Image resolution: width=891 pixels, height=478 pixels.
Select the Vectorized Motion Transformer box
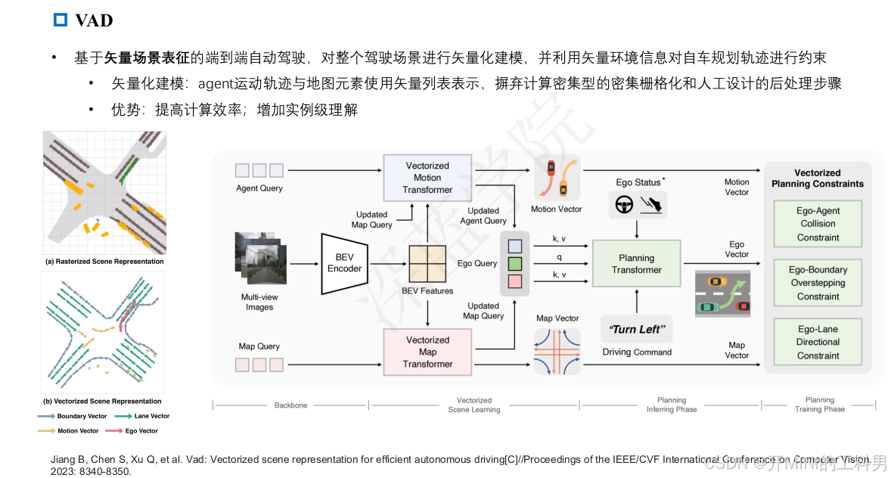pyautogui.click(x=427, y=178)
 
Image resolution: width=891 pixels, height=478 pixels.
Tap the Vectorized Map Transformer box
pyautogui.click(x=427, y=352)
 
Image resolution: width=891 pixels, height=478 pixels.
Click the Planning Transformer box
pyautogui.click(x=636, y=264)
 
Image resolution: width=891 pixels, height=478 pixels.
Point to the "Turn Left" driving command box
pyautogui.click(x=636, y=329)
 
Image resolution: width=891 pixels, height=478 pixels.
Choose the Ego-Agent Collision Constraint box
pyautogui.click(x=818, y=224)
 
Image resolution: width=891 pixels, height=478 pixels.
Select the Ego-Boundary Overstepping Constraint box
pyautogui.click(x=818, y=283)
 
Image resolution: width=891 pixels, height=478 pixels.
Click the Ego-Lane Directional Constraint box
pyautogui.click(x=818, y=342)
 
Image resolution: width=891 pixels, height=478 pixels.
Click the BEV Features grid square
pyautogui.click(x=428, y=264)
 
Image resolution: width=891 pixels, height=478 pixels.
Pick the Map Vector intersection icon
pyautogui.click(x=557, y=352)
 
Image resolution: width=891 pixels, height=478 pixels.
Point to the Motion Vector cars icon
pyautogui.click(x=557, y=179)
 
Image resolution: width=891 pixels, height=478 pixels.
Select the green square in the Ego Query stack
pyautogui.click(x=515, y=264)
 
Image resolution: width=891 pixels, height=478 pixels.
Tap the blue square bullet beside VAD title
pyautogui.click(x=61, y=20)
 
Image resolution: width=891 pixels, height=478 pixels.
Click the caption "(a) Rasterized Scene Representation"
pyautogui.click(x=104, y=262)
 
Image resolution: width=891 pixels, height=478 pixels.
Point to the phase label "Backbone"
pyautogui.click(x=290, y=405)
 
